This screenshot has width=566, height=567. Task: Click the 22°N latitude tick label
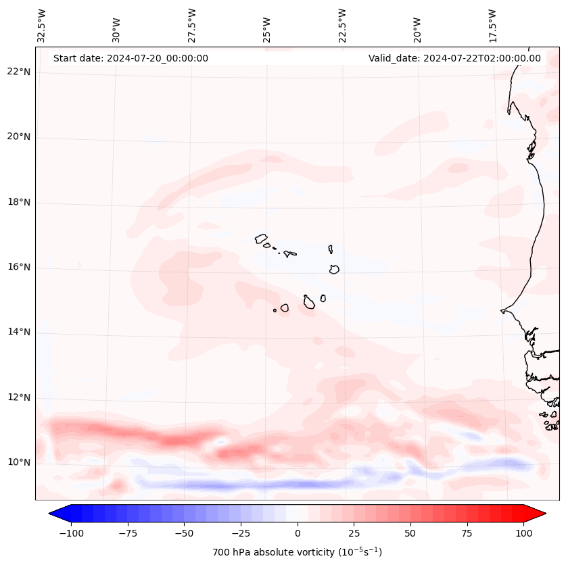coord(20,72)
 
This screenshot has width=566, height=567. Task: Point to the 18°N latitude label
coord(20,202)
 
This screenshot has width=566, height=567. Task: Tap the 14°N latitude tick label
coord(20,332)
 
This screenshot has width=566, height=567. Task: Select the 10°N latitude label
coord(20,462)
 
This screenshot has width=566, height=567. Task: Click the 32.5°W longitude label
coord(42,25)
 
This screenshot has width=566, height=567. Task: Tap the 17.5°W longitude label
coord(492,25)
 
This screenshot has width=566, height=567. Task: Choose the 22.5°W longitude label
coord(342,25)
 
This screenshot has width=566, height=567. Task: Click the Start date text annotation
coord(131,58)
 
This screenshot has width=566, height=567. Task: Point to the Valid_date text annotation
coord(454,58)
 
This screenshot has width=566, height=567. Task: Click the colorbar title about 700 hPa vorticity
coord(297,552)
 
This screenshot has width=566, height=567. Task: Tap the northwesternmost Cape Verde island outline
coord(261,238)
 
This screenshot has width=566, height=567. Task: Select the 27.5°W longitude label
coord(192,25)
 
